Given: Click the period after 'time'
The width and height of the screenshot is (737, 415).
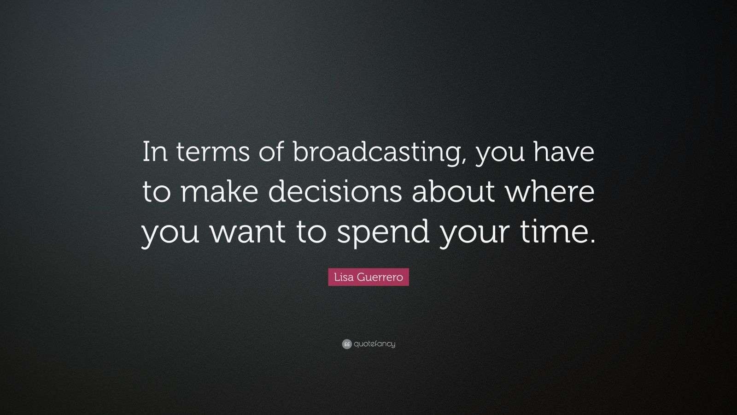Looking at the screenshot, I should coord(591,241).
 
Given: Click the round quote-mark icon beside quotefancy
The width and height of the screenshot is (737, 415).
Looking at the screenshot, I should coord(347,344).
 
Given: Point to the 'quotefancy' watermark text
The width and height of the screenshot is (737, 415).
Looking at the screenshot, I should coord(374,344).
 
